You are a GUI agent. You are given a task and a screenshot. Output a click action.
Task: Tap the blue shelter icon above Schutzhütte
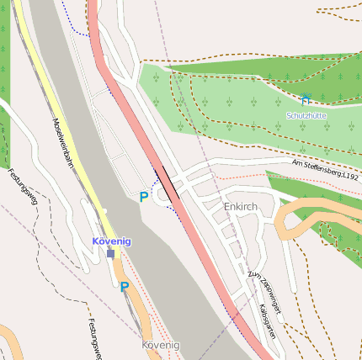tap(306, 99)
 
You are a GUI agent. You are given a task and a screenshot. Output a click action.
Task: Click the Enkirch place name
tap(241, 206)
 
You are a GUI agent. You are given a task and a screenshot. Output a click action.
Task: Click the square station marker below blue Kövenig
tap(110, 253)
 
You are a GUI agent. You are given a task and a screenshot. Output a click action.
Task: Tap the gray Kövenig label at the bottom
tap(161, 345)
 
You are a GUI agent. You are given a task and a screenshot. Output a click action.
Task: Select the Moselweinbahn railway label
tap(63, 143)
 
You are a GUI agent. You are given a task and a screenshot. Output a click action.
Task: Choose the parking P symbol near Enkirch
tap(144, 197)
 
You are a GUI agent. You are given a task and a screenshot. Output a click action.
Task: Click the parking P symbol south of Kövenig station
tap(125, 287)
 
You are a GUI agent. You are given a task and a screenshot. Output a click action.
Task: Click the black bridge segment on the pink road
tap(167, 184)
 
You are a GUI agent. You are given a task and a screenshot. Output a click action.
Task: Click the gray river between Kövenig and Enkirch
tap(143, 244)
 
